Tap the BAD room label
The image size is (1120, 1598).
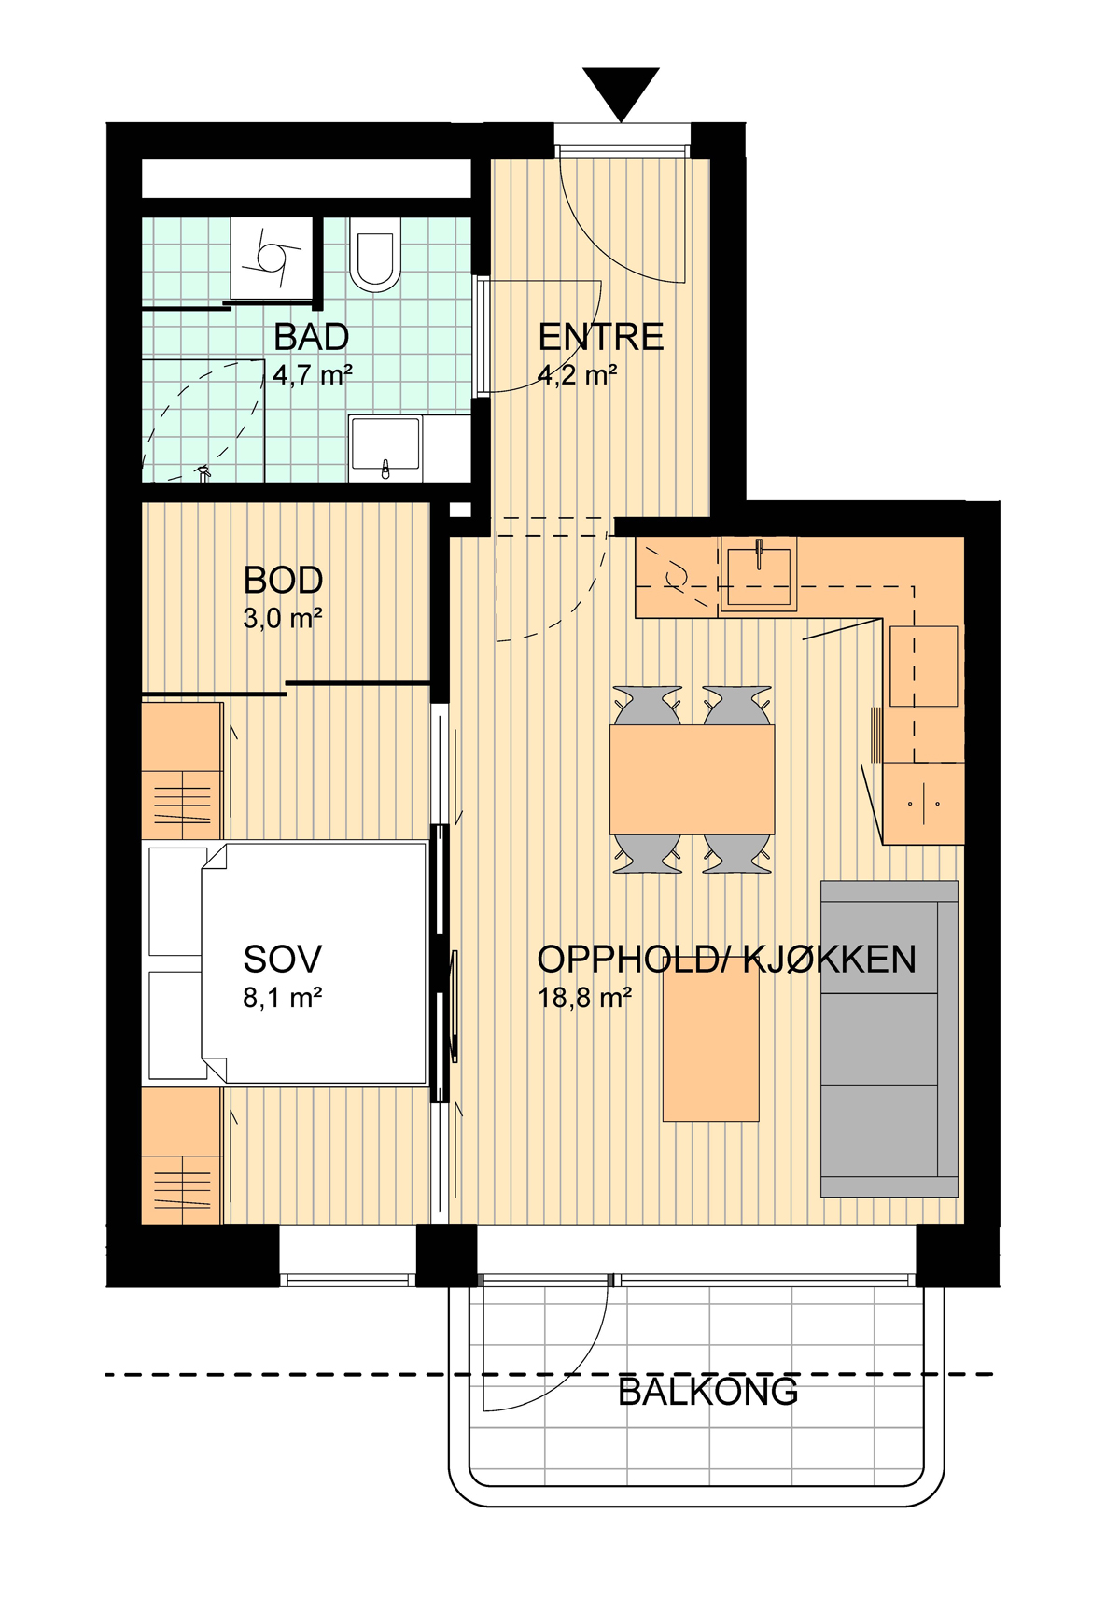pos(311,338)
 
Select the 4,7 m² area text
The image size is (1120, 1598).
pos(313,375)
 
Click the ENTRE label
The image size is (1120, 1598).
pos(601,338)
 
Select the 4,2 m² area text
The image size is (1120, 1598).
pos(577,375)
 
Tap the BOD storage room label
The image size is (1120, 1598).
pos(283,581)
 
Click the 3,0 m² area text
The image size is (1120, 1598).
pos(283,619)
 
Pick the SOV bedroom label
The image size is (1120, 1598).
pos(283,960)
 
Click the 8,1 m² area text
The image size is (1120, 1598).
pos(283,997)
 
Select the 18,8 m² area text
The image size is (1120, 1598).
pos(584,997)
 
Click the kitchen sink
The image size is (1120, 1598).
pos(759,575)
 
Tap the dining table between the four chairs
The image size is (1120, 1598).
pos(692,779)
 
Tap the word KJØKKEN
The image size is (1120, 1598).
pos(830,960)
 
